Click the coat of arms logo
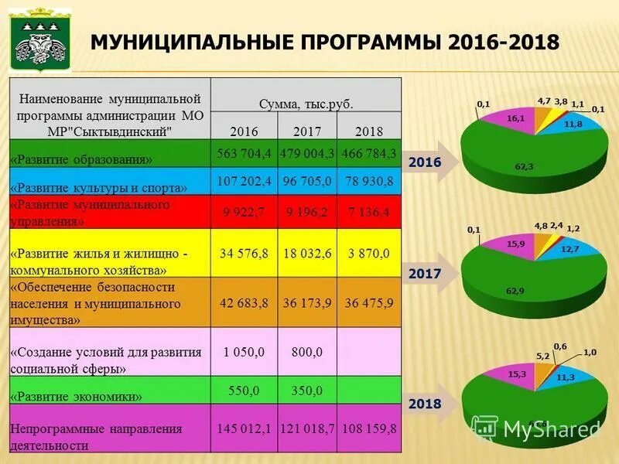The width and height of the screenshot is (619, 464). coord(39,40)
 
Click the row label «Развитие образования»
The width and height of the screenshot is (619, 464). coord(81,159)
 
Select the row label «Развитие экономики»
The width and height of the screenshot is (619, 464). coord(76,397)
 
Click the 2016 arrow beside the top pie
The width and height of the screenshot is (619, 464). coord(426,162)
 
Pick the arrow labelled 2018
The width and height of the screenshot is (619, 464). coord(426,404)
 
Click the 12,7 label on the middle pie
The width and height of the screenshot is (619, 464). coord(570,248)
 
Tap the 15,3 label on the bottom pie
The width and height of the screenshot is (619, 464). coord(517,374)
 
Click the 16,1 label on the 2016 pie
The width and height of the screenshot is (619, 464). coord(515,118)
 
